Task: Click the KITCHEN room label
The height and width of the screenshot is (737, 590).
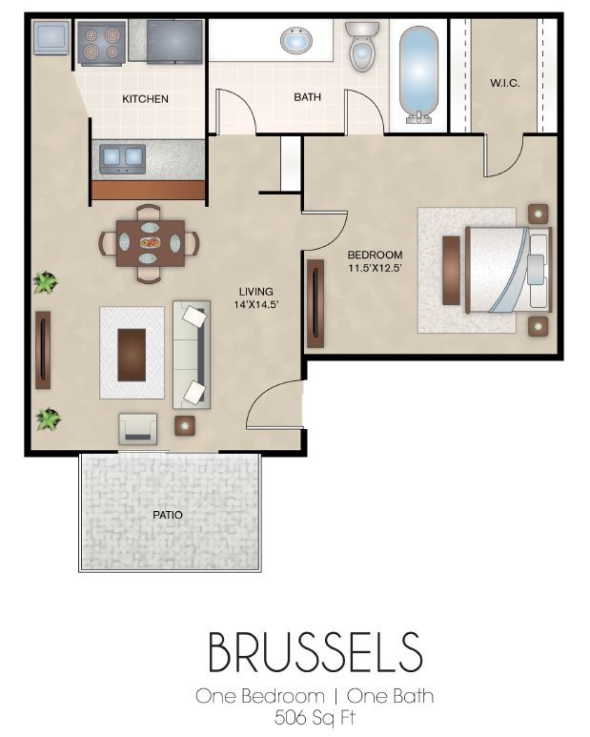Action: [145, 99]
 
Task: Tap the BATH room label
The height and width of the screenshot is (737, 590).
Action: [307, 97]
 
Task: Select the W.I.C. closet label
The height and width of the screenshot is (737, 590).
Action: [504, 84]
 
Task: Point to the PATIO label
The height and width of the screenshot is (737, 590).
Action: [167, 515]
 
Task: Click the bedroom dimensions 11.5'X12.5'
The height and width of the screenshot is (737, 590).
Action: [375, 268]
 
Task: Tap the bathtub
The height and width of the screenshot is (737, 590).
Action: [418, 71]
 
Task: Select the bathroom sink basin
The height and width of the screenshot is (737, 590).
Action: [296, 41]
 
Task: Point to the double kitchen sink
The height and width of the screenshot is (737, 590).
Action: [122, 158]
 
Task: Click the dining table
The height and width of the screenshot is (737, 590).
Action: [150, 244]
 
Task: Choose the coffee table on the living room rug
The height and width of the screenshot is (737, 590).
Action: [132, 354]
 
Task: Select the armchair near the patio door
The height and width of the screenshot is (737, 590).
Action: [138, 428]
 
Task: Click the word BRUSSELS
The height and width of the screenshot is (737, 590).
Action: [315, 654]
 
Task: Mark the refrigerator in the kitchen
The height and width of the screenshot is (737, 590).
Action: [174, 39]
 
